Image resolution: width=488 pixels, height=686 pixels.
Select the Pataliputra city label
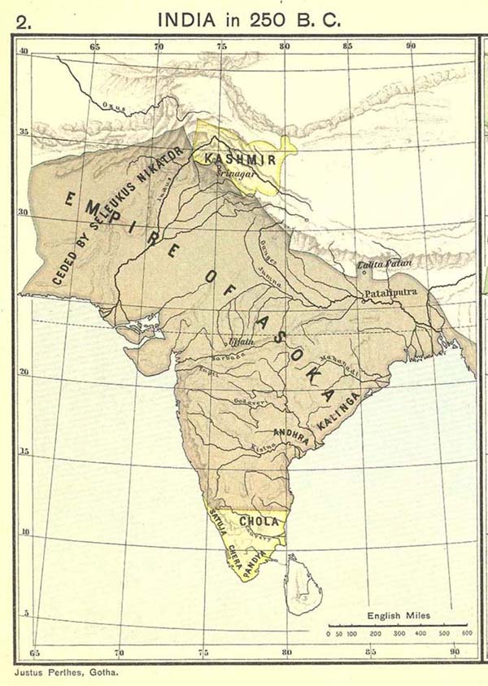point(388,291)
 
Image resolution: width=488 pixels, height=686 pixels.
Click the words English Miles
point(399,616)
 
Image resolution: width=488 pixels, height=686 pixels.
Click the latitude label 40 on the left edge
point(24,50)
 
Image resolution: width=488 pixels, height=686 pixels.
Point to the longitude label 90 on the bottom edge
point(453,651)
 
